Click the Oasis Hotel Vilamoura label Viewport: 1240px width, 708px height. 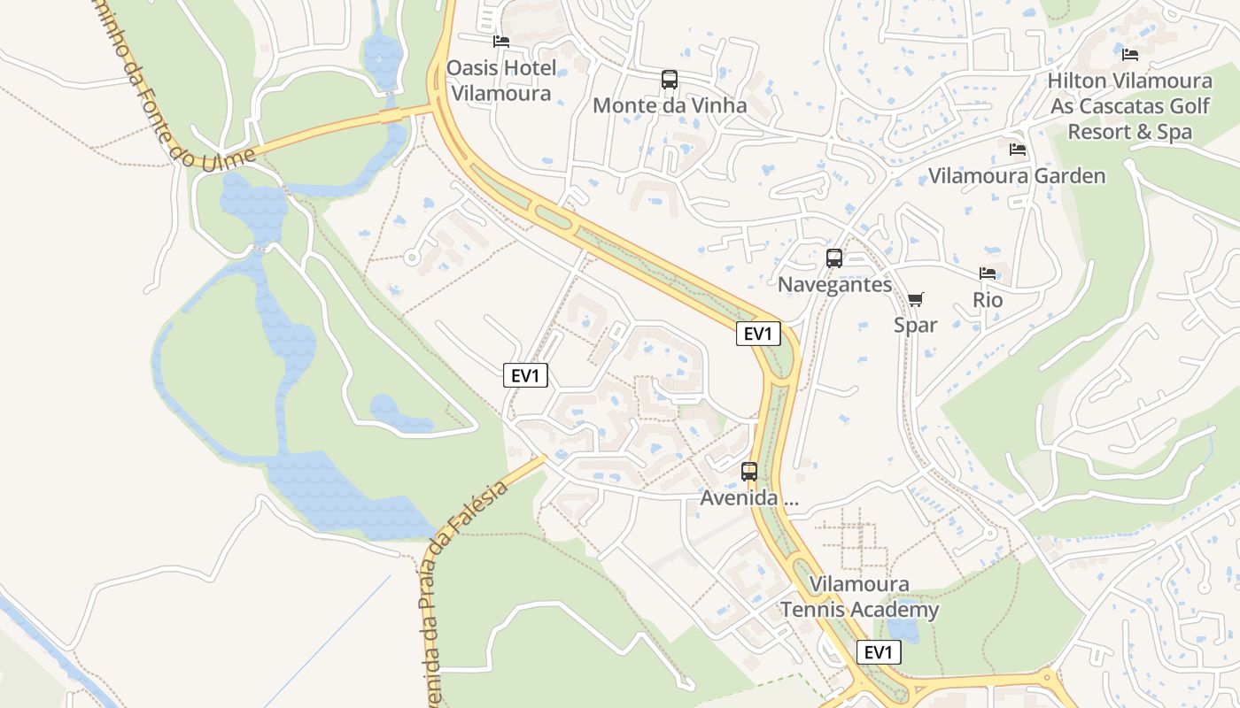pyautogui.click(x=501, y=81)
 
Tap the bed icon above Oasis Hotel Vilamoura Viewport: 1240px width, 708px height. pyautogui.click(x=501, y=42)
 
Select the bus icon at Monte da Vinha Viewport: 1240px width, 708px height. pyautogui.click(x=670, y=80)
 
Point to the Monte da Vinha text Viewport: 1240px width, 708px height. pyautogui.click(x=670, y=105)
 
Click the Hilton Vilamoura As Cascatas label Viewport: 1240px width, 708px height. pyautogui.click(x=1129, y=106)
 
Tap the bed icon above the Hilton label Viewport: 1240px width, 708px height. pyautogui.click(x=1130, y=54)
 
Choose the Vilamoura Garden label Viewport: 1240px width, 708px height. pyautogui.click(x=1017, y=176)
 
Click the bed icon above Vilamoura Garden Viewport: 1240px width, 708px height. pyautogui.click(x=1018, y=149)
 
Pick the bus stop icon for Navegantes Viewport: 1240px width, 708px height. pyautogui.click(x=834, y=258)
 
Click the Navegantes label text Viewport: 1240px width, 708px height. pyautogui.click(x=834, y=285)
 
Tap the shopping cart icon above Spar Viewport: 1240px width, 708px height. pyautogui.click(x=916, y=299)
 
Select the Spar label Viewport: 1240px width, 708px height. pyautogui.click(x=916, y=325)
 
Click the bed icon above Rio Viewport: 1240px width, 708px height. pyautogui.click(x=988, y=273)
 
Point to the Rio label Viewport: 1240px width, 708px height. pyautogui.click(x=988, y=300)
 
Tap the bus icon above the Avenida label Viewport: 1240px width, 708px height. pyautogui.click(x=749, y=472)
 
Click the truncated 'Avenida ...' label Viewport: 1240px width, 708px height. pyautogui.click(x=749, y=498)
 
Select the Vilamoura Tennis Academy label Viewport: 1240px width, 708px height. pyautogui.click(x=859, y=597)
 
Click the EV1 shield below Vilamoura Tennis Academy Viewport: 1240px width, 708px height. pyautogui.click(x=879, y=653)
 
